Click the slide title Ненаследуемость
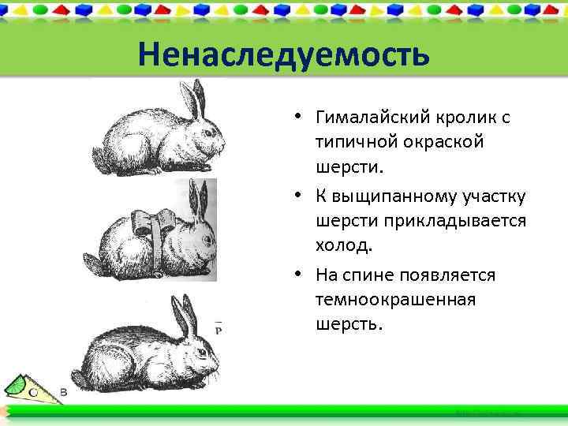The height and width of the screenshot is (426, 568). click(x=283, y=55)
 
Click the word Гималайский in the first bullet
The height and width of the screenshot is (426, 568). click(x=371, y=118)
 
